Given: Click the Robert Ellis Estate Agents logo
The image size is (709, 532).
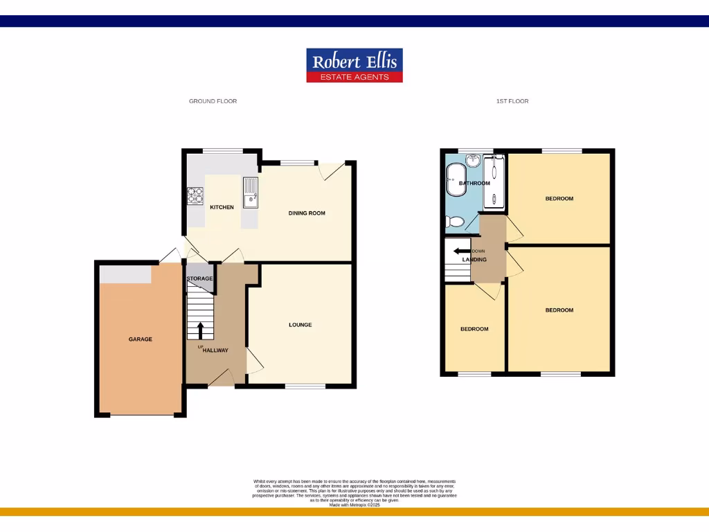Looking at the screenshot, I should [354, 65].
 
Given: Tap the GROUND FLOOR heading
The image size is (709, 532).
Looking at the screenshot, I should [213, 101].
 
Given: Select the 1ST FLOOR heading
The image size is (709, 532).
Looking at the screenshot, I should [512, 101].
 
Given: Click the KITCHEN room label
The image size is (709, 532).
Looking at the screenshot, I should [222, 207].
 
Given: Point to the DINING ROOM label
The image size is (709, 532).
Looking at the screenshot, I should [307, 213].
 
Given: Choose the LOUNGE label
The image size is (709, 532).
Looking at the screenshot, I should [300, 325].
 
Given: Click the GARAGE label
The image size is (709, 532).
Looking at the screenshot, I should [140, 339].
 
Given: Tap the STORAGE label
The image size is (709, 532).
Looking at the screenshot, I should [199, 278].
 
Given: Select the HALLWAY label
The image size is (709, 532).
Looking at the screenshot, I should [215, 351].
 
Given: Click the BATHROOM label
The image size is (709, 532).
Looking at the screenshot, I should [474, 184].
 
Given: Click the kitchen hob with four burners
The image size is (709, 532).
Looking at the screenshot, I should [195, 196].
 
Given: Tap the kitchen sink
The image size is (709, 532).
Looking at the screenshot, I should [250, 192].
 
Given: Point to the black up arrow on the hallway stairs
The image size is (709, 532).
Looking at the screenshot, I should [201, 330].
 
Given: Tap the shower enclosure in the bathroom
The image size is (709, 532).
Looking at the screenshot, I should [494, 181].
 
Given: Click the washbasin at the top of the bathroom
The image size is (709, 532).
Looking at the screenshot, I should [474, 161].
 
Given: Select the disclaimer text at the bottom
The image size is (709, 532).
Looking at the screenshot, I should [354, 493].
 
